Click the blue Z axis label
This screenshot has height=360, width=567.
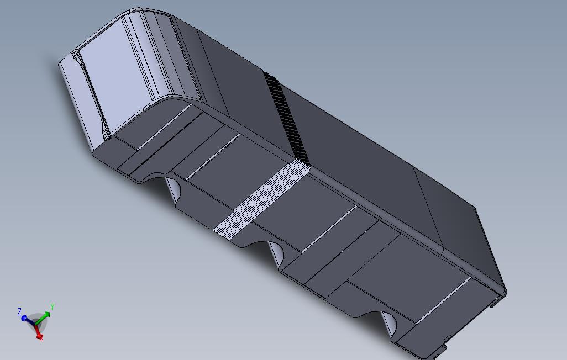click(x=19, y=312)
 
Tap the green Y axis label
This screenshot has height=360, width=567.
click(x=52, y=306)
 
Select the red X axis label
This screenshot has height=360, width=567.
click(x=41, y=338)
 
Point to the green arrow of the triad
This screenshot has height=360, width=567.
click(x=45, y=315)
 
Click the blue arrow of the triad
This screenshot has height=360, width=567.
click(x=28, y=319)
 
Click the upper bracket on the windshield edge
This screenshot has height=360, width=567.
click(x=75, y=56)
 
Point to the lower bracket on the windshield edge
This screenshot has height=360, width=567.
click(x=106, y=133)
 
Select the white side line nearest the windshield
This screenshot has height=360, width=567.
click(x=164, y=126)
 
